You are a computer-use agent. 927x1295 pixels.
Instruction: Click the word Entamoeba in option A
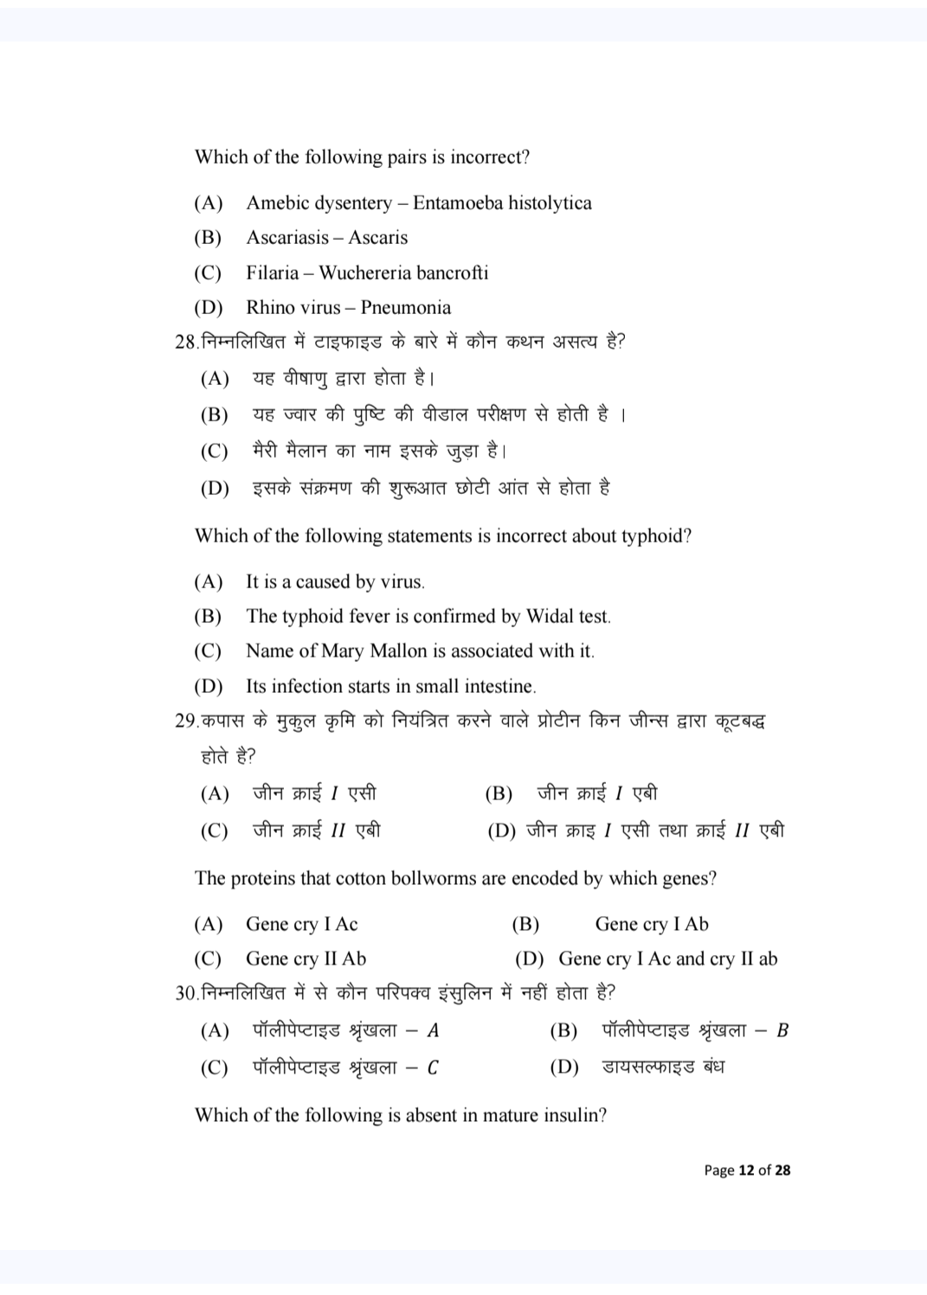click(x=457, y=203)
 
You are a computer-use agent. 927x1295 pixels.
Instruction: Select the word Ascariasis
click(x=287, y=238)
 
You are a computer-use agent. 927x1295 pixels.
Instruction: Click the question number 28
click(x=185, y=343)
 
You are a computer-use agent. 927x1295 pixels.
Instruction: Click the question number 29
click(x=185, y=721)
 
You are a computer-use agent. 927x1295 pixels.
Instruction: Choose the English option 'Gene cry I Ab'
click(x=651, y=925)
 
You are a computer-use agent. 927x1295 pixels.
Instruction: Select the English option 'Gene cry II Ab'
click(x=306, y=959)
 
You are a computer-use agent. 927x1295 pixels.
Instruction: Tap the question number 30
click(x=185, y=993)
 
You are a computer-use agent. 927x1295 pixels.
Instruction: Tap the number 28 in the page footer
click(x=782, y=1170)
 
